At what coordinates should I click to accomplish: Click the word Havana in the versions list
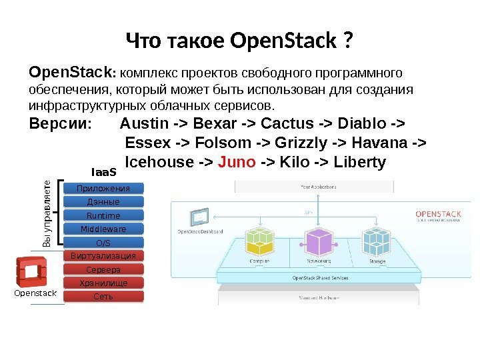(391, 143)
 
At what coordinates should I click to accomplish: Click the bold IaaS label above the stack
(103, 173)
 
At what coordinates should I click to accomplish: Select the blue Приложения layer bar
(103, 189)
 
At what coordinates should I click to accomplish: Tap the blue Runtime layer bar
(103, 215)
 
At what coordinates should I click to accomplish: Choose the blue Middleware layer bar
(103, 229)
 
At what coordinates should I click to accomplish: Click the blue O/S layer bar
(103, 243)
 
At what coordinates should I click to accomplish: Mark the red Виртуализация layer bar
(103, 256)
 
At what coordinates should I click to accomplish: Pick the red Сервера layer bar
(103, 270)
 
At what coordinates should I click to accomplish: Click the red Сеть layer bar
(103, 297)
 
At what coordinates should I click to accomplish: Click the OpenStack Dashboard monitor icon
(199, 218)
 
